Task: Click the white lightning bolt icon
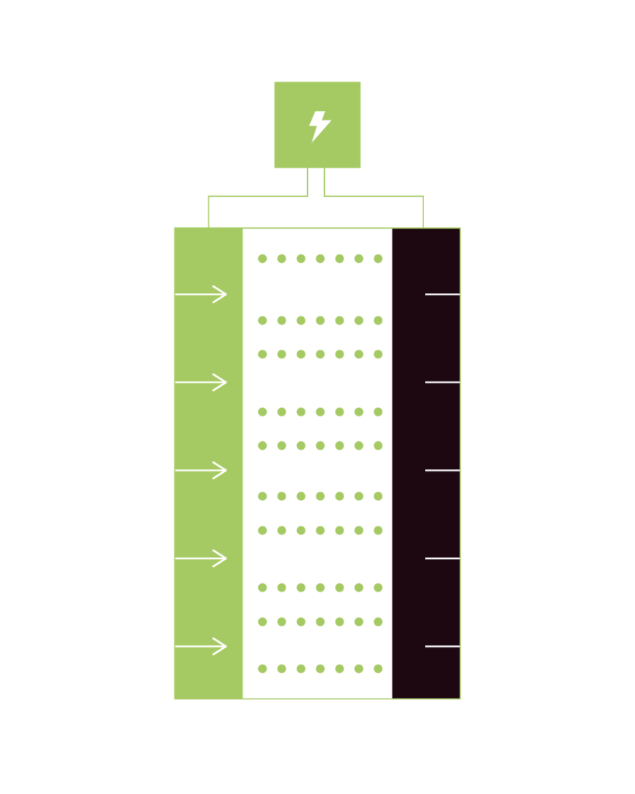(319, 126)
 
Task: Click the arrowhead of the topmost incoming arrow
(223, 295)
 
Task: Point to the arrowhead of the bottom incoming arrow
(223, 646)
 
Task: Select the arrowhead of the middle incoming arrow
(223, 470)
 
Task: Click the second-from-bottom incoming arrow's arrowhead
(223, 558)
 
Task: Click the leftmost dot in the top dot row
(262, 258)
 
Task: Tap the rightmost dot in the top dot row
(378, 258)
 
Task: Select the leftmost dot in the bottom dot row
(262, 668)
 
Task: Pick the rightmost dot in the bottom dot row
(378, 668)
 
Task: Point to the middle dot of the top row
(320, 258)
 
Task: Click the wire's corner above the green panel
(209, 196)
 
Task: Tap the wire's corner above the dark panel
(423, 196)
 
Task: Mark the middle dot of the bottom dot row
(320, 668)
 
